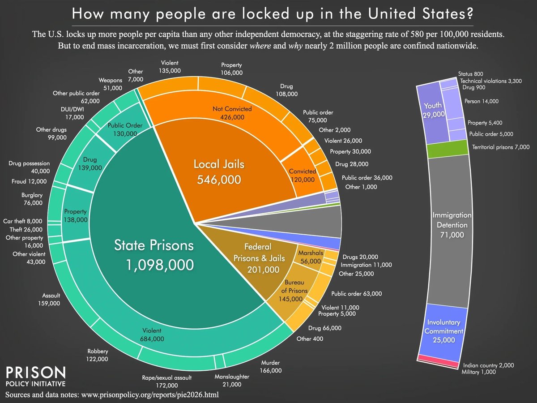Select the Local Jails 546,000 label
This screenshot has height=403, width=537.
(219, 171)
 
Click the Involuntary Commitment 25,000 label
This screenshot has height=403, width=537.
(443, 330)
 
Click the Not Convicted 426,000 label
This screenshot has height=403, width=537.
(232, 113)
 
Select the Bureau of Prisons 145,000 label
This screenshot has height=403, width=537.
(295, 291)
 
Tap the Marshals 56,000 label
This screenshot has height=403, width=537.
(311, 257)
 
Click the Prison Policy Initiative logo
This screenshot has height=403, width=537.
(36, 377)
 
